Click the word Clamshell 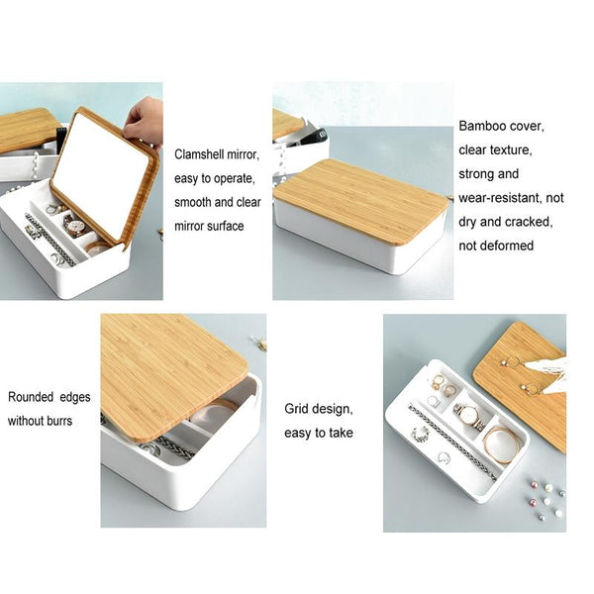pyautogui.click(x=199, y=154)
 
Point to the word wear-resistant pyautogui.click(x=500, y=198)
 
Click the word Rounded pyautogui.click(x=31, y=397)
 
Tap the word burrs pyautogui.click(x=59, y=421)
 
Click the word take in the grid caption pyautogui.click(x=341, y=433)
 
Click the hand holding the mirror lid pyautogui.click(x=145, y=122)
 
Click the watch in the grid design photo pyautogui.click(x=469, y=416)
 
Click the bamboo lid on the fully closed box pyautogui.click(x=360, y=201)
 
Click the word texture pyautogui.click(x=512, y=150)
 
